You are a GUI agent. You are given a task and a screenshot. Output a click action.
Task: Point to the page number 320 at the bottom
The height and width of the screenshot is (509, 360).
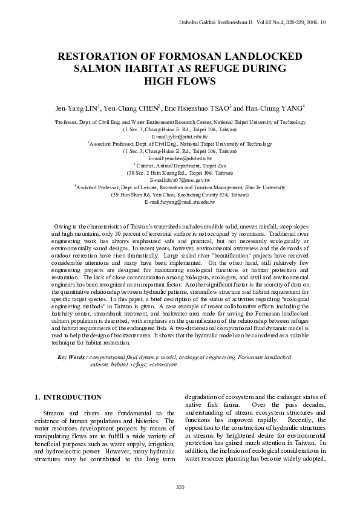click(180, 487)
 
